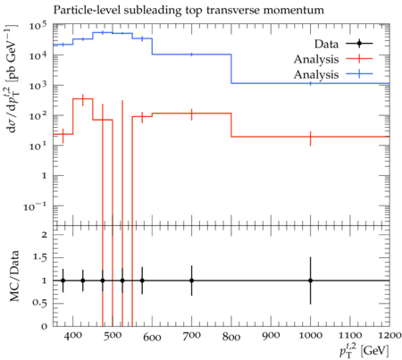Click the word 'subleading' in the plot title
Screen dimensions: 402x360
point(152,11)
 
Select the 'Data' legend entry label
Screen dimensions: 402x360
point(326,44)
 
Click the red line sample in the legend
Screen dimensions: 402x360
point(359,59)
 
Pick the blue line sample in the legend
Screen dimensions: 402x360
point(359,74)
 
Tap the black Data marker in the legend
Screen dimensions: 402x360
point(359,44)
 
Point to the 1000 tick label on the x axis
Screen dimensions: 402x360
point(310,336)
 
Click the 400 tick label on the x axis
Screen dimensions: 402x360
point(73,336)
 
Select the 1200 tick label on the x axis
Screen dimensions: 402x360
point(389,336)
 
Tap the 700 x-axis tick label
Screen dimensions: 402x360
point(192,336)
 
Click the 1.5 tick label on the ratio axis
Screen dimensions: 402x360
point(39,257)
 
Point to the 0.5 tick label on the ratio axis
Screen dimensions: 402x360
point(39,303)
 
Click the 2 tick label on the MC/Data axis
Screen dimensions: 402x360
point(45,235)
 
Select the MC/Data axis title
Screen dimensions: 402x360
point(14,276)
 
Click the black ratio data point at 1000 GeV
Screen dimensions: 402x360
point(310,280)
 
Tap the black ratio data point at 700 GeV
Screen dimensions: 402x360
point(192,280)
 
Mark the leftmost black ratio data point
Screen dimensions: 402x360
point(63,280)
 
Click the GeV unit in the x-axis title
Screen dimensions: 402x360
point(374,350)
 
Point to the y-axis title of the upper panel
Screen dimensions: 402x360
point(12,79)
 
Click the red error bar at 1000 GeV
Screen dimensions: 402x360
point(310,138)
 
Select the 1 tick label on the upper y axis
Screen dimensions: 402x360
point(45,176)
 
